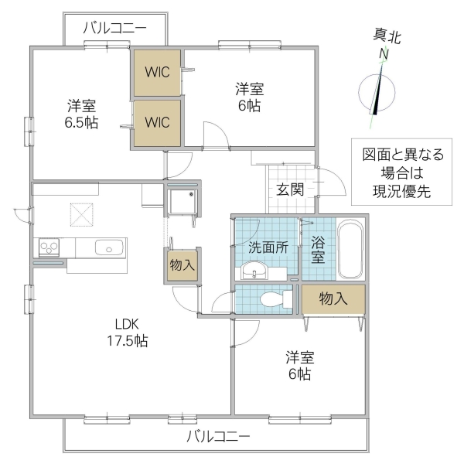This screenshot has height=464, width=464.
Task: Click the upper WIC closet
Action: coord(158,73)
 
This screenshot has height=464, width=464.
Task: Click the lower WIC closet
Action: coord(158,122)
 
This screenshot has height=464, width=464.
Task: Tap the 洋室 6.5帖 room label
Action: coord(81,114)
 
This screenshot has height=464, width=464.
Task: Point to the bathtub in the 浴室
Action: coord(350,251)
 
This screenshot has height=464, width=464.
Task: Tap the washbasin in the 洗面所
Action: coord(253,271)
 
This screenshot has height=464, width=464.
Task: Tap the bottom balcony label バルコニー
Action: coord(218,437)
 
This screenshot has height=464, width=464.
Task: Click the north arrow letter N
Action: coord(382,55)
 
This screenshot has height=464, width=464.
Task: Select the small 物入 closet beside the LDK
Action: coord(183,265)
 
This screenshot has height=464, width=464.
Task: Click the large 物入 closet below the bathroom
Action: coord(333,299)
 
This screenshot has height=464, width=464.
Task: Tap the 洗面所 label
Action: coord(267,247)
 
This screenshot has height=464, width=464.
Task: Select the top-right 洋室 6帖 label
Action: coord(249,97)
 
